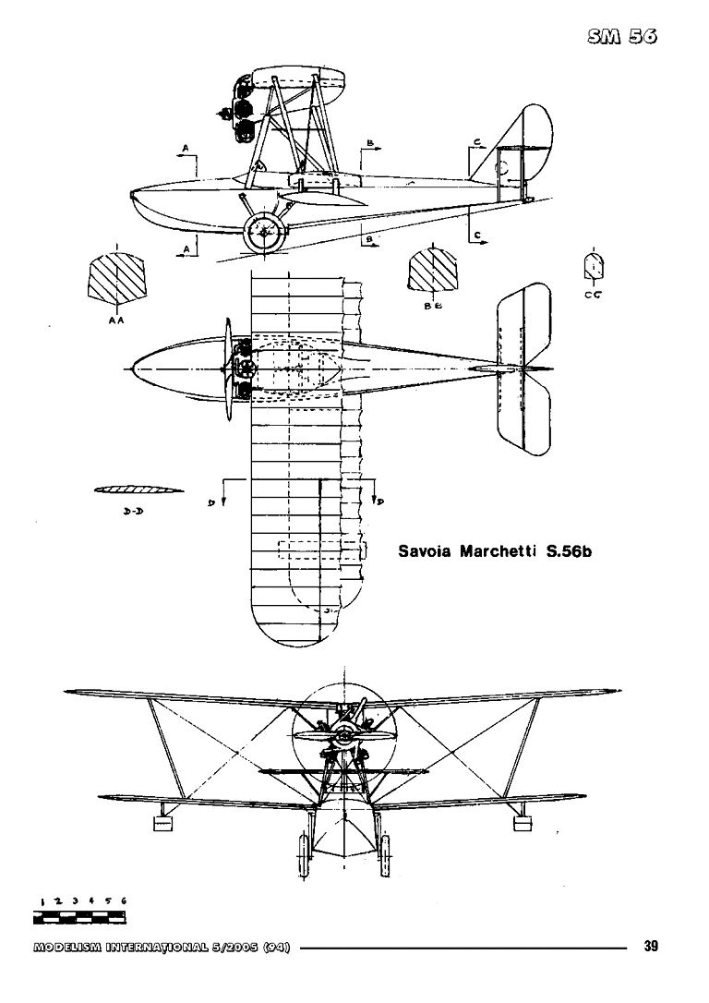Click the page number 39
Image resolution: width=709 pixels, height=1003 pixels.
pos(651,945)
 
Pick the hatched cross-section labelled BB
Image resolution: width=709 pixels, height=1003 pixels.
pos(433,272)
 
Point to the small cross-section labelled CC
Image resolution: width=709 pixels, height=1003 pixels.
pos(593,265)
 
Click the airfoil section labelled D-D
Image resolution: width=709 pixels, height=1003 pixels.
pos(138,489)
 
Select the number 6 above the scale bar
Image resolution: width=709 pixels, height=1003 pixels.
pos(123,900)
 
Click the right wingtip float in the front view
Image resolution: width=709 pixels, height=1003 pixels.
pos(521,820)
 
